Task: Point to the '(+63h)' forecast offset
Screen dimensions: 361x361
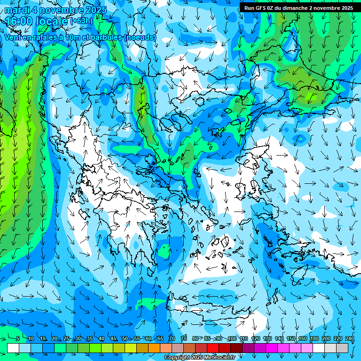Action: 81,21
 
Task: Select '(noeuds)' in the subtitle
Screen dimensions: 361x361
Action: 140,37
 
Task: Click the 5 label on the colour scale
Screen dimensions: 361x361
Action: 18,339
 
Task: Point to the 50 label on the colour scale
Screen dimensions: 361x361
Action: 125,339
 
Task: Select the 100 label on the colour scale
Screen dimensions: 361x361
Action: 232,339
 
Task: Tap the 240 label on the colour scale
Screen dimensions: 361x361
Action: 350,339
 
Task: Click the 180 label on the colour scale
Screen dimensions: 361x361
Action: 314,339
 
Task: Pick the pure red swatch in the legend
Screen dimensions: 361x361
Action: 213,348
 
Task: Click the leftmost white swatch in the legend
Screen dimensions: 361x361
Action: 13,348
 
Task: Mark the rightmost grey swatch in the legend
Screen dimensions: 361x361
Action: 342,348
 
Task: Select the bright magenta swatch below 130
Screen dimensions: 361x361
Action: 272,348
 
